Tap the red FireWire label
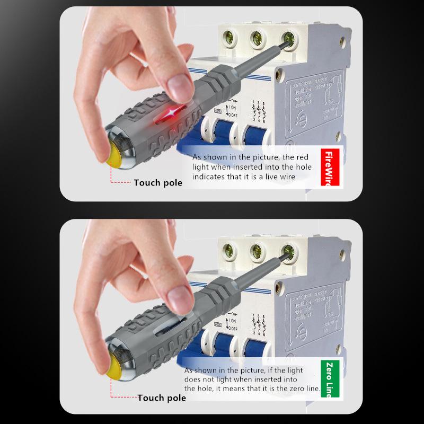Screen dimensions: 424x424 point(331,167)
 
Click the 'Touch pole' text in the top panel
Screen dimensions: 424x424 point(157,183)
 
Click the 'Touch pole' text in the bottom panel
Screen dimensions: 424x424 point(162,397)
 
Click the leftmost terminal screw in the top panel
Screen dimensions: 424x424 point(231,38)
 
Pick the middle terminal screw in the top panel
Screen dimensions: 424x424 point(259,38)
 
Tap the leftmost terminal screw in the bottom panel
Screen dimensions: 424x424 point(231,249)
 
